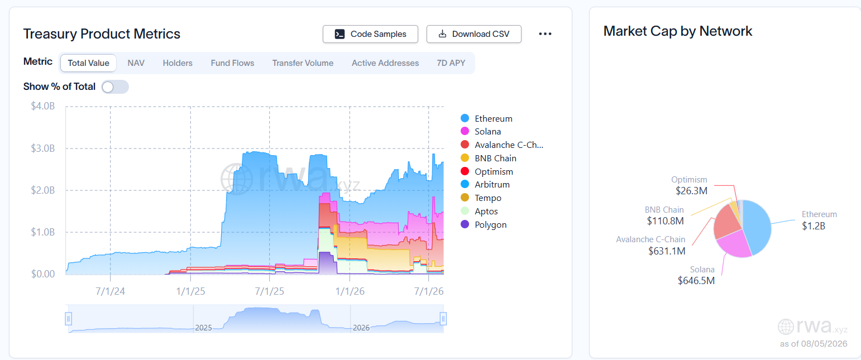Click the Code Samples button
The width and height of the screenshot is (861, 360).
[370, 34]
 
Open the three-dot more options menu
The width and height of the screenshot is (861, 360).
[545, 34]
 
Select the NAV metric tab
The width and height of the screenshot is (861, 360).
[136, 63]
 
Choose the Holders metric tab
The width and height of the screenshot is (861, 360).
[178, 63]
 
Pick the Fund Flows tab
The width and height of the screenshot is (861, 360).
[232, 63]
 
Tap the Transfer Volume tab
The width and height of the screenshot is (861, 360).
[303, 63]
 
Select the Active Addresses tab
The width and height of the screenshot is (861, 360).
[385, 63]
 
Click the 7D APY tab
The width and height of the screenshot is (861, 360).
[451, 63]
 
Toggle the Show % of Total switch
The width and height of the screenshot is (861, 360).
[115, 87]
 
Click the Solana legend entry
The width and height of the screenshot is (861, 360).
[481, 131]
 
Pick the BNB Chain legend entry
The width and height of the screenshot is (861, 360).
[489, 159]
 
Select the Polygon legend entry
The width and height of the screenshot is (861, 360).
[484, 225]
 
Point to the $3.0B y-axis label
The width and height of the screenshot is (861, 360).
[43, 148]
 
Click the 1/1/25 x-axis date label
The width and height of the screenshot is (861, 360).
[190, 291]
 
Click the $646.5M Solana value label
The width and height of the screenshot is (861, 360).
[696, 281]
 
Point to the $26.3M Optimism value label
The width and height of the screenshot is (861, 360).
[691, 191]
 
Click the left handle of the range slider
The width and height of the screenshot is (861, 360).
[69, 319]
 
